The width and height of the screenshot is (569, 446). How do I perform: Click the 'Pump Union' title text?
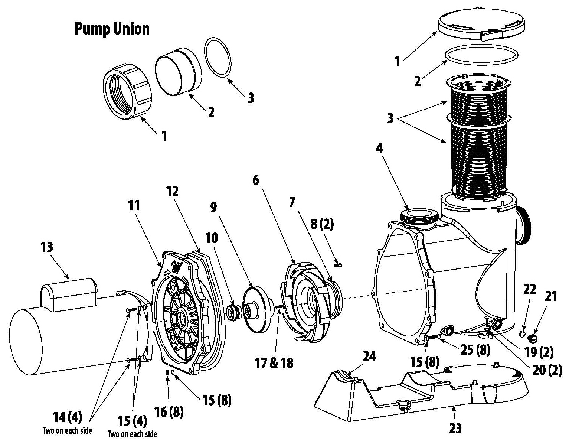(112, 29)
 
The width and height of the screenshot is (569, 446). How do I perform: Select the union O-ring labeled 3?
(218, 58)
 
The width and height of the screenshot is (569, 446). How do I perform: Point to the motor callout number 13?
(47, 247)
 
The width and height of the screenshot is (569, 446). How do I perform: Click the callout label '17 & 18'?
(274, 363)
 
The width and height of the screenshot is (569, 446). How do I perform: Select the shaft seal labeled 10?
(232, 313)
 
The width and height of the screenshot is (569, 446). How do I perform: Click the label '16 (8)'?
(169, 412)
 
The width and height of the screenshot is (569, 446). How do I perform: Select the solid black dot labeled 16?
(167, 372)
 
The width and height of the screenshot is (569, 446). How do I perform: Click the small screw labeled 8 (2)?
(338, 266)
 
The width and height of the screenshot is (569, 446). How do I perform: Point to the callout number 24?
(369, 357)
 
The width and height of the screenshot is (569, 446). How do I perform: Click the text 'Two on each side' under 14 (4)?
(67, 430)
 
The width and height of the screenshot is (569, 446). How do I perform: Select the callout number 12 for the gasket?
(172, 192)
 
